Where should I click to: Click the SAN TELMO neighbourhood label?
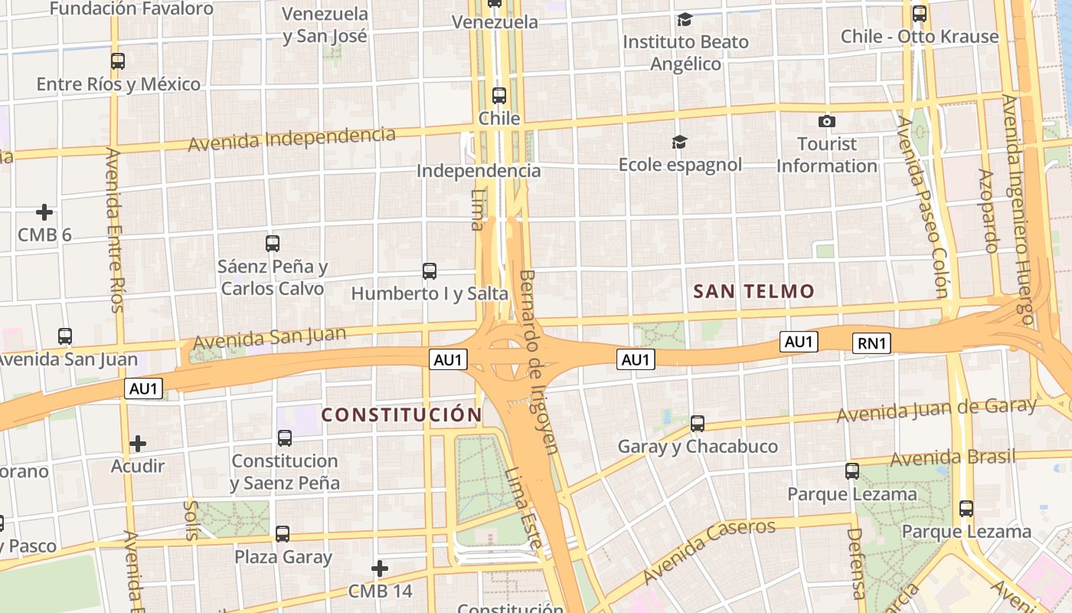click(753, 291)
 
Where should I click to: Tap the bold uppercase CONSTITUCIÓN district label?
click(401, 415)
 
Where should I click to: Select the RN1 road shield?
click(872, 343)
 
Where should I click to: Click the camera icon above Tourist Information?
click(826, 121)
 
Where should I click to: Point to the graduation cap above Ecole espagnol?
click(679, 142)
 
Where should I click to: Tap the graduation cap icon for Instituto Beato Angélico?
click(685, 19)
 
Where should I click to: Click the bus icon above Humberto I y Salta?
click(430, 270)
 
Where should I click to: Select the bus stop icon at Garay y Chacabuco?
click(697, 423)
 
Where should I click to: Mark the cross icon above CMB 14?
click(380, 569)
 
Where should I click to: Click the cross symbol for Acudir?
click(138, 444)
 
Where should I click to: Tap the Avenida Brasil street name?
click(953, 457)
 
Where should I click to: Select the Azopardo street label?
click(989, 210)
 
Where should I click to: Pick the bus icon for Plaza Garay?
click(283, 534)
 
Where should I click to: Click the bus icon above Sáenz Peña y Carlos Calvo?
click(273, 244)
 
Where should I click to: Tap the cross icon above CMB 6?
click(44, 212)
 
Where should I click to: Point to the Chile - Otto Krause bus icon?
click(920, 14)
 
